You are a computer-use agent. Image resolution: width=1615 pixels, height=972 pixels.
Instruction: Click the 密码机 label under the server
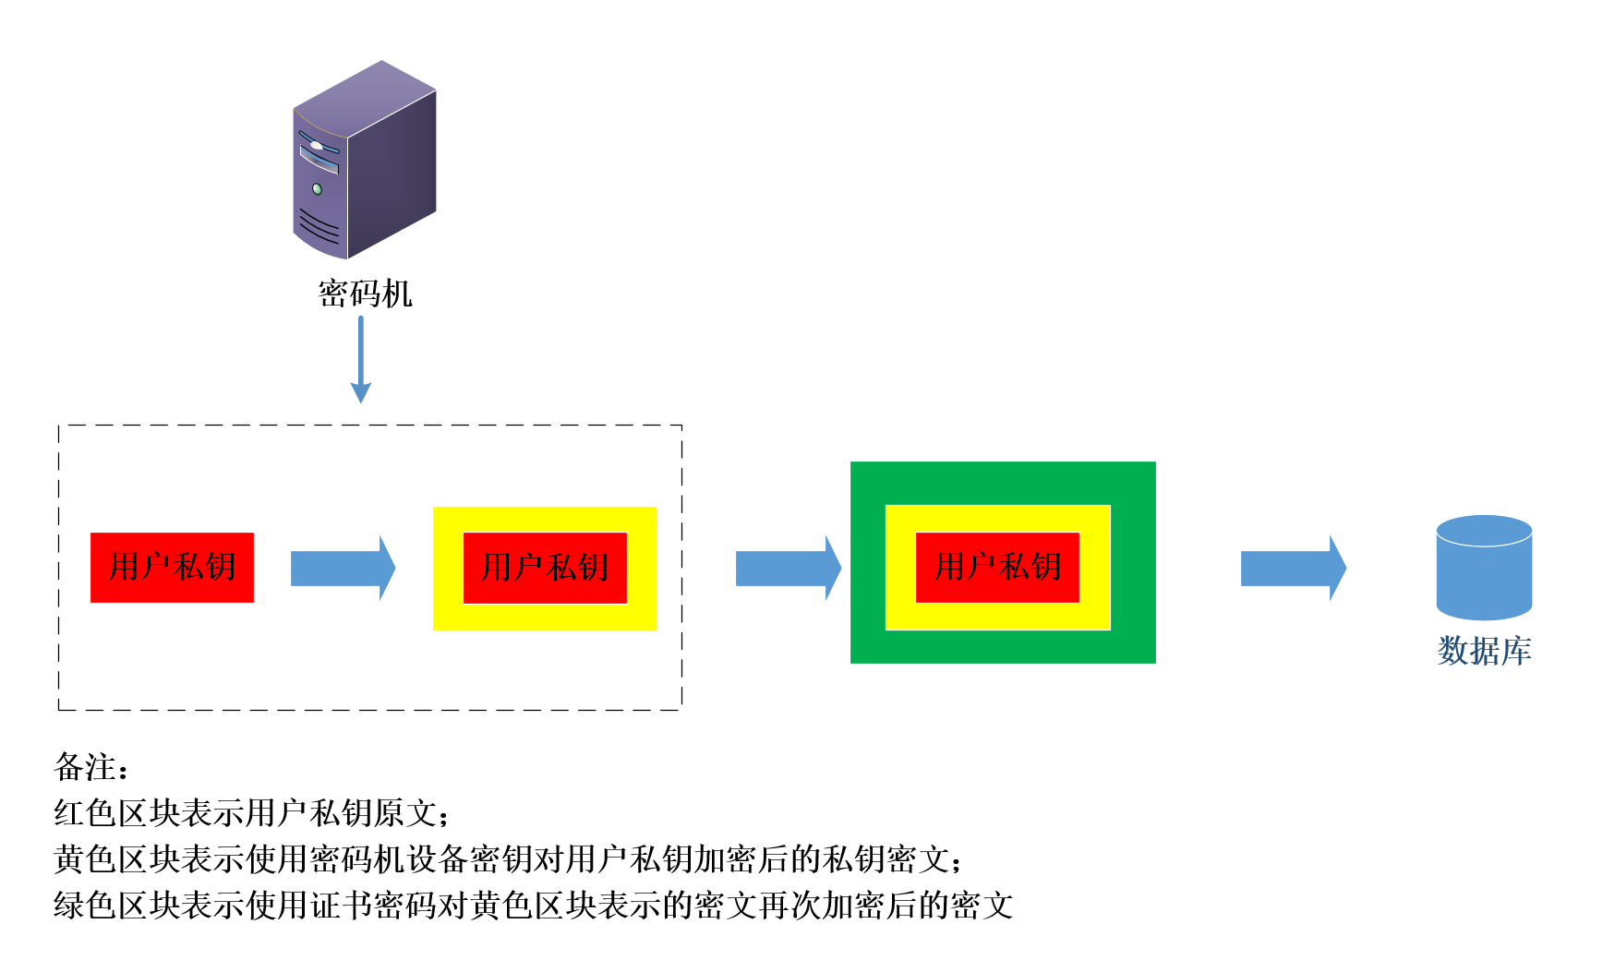(x=365, y=294)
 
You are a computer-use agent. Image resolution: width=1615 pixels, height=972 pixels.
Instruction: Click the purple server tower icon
(x=365, y=162)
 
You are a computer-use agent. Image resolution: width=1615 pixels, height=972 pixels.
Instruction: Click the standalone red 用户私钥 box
(x=172, y=567)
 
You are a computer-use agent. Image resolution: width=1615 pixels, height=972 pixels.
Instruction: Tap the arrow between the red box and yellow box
(x=343, y=568)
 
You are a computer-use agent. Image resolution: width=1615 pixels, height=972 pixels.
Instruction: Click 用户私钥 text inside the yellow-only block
(x=545, y=567)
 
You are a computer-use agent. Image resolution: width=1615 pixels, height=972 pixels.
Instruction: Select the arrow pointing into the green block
(x=788, y=568)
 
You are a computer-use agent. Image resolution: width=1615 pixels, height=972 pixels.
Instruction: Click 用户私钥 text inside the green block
(x=997, y=567)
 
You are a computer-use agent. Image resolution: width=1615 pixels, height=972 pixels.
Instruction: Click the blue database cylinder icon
(x=1484, y=567)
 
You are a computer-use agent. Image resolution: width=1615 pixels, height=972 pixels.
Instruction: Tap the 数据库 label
(x=1484, y=651)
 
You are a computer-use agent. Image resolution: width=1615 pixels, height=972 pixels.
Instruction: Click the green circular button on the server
(x=318, y=189)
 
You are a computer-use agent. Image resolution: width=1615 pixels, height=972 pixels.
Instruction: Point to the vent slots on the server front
(x=317, y=224)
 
